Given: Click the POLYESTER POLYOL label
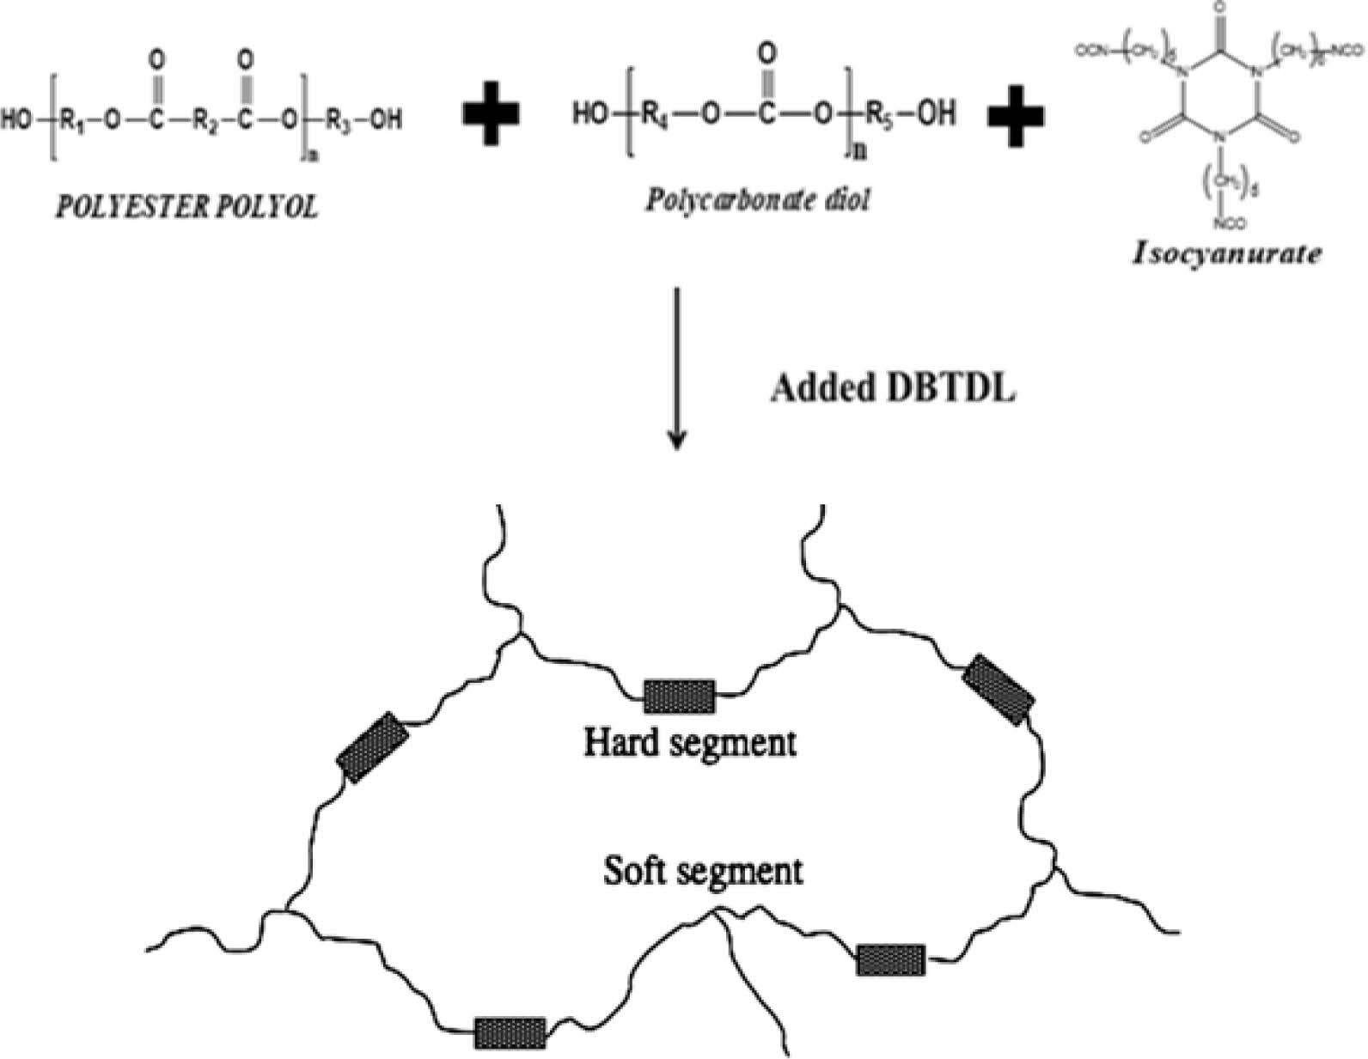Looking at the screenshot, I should (x=186, y=208).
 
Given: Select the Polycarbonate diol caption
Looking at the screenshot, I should (x=757, y=200).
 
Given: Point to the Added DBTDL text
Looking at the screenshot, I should (x=892, y=388).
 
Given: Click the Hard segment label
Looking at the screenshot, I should (x=690, y=741).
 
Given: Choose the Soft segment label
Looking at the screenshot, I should (x=703, y=871).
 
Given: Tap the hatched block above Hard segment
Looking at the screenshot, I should (x=679, y=696).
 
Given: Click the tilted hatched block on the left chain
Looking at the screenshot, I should (x=373, y=746).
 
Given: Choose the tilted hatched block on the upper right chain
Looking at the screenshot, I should (x=998, y=690).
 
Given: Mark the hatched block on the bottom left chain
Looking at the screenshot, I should (x=510, y=1032).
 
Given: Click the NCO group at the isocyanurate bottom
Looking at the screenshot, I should (x=1225, y=225).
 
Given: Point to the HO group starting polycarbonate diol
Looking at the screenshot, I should (x=590, y=113).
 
